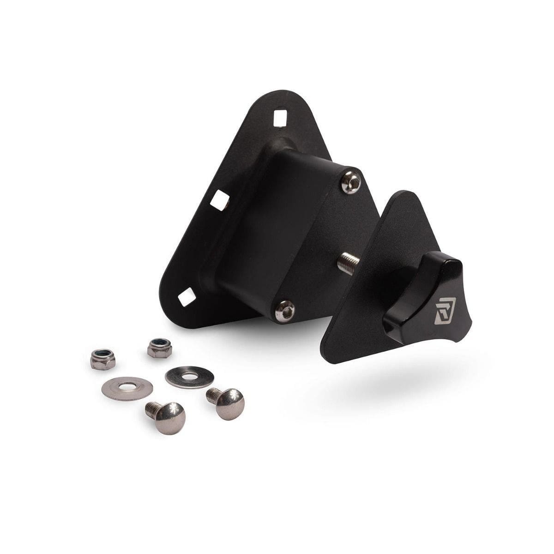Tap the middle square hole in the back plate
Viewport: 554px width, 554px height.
[x=220, y=200]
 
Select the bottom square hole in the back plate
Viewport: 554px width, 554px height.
[x=187, y=297]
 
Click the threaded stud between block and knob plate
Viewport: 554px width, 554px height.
[x=347, y=265]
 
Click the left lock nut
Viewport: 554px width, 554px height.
[x=102, y=359]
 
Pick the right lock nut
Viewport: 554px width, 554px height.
[x=160, y=347]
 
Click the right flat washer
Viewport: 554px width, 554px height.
[x=189, y=377]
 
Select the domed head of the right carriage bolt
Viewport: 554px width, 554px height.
[x=230, y=404]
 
